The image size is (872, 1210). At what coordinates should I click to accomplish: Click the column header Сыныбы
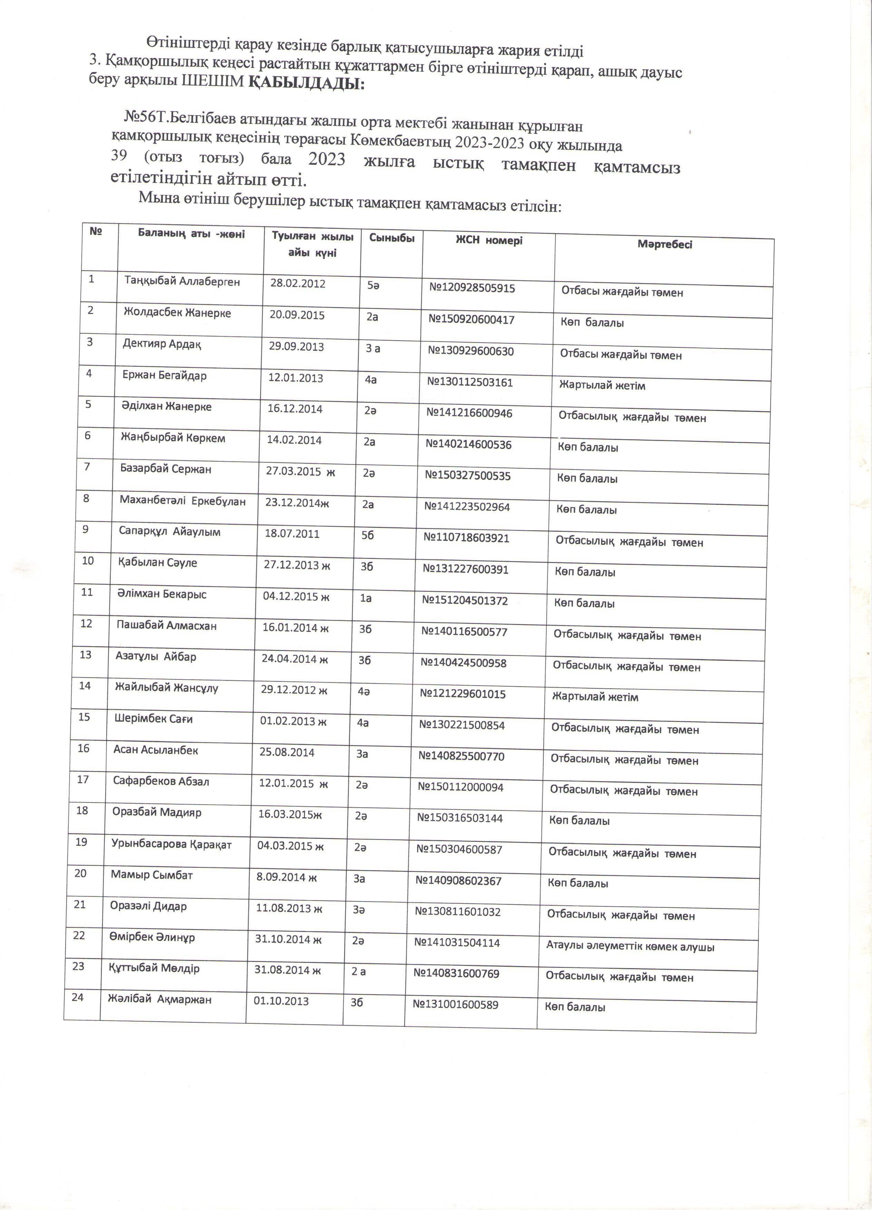point(392,238)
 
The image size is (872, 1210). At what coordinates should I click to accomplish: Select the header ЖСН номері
point(488,240)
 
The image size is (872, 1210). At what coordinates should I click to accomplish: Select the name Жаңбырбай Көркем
point(172,438)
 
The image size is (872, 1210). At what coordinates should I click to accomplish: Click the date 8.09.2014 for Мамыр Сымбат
point(286,877)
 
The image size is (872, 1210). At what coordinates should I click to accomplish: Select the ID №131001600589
point(455,1005)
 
